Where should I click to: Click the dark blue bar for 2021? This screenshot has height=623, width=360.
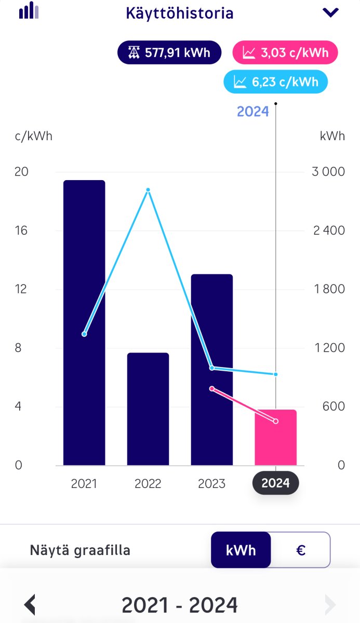click(84, 322)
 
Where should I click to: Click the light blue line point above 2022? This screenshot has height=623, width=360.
click(148, 190)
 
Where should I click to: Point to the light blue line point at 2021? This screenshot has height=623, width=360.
click(84, 334)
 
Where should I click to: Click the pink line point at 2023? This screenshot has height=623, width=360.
click(211, 388)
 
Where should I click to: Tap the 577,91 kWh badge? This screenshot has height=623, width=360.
click(169, 52)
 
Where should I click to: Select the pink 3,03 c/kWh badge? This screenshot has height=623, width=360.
click(285, 52)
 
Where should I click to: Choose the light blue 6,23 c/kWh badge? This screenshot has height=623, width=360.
click(275, 82)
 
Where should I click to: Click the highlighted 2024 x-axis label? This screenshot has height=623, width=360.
click(275, 483)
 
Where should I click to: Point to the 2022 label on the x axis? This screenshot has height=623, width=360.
click(148, 484)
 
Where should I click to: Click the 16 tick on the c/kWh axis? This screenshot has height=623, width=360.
click(21, 231)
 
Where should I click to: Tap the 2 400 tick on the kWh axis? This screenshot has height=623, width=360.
click(329, 231)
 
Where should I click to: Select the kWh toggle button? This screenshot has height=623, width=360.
click(241, 550)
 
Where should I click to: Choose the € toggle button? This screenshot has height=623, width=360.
click(300, 550)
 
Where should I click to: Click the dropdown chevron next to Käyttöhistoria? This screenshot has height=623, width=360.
click(330, 12)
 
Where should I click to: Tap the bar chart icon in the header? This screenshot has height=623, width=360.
click(29, 10)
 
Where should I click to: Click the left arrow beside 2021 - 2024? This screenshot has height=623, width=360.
click(30, 605)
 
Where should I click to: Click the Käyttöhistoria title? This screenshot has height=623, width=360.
click(180, 13)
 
